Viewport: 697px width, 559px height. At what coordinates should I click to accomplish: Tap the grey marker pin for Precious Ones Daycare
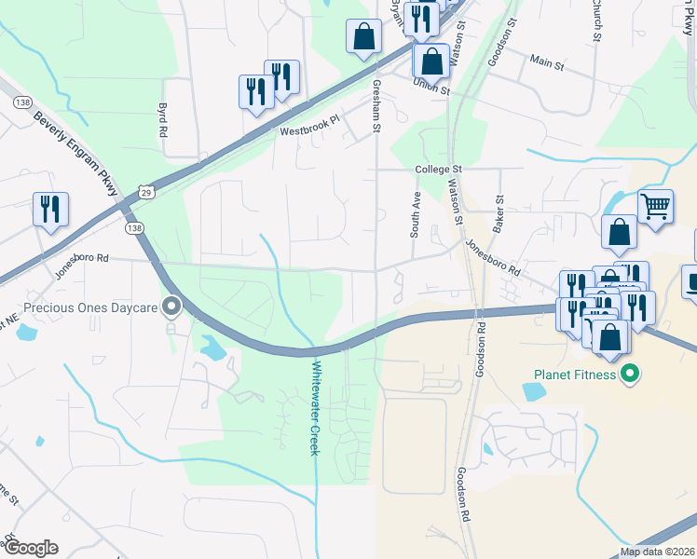click(x=171, y=306)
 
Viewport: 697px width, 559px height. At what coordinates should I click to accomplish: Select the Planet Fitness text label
click(x=575, y=375)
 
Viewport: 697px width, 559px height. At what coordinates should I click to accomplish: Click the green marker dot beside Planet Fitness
click(x=630, y=375)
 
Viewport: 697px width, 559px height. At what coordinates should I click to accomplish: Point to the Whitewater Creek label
click(x=314, y=407)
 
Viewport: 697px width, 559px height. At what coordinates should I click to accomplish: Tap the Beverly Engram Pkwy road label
click(x=76, y=155)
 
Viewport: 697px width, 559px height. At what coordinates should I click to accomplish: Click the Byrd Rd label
click(x=162, y=120)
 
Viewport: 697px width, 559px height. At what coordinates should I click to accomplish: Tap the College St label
click(x=439, y=170)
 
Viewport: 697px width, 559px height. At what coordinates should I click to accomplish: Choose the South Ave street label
click(x=417, y=215)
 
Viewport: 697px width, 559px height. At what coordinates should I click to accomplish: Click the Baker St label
click(x=499, y=213)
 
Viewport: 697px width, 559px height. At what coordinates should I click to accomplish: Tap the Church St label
click(x=594, y=22)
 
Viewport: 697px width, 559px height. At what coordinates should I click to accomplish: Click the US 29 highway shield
click(x=147, y=191)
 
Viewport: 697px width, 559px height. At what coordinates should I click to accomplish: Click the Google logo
click(x=31, y=548)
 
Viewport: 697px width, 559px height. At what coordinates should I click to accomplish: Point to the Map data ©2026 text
click(x=656, y=552)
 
